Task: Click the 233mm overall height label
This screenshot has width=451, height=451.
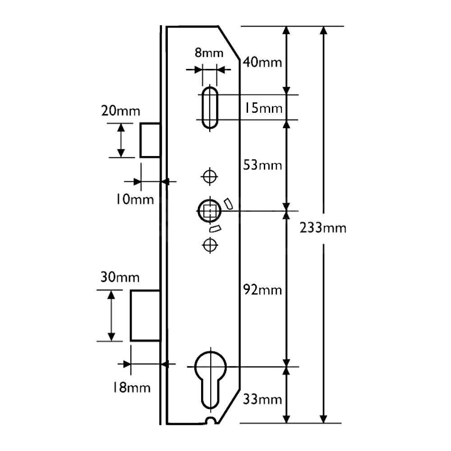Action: coord(323,228)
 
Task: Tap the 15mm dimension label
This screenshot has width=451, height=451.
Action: coord(264,108)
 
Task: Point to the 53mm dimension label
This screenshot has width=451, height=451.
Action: coord(262,165)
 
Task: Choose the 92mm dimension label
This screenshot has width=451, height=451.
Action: coord(262,290)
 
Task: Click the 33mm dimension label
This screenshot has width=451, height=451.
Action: coord(262,400)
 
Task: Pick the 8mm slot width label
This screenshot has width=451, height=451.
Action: coord(208,53)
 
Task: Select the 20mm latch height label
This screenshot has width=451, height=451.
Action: coord(120,111)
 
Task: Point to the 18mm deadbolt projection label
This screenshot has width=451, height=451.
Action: coord(131,387)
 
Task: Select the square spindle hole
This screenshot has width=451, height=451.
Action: coord(209,210)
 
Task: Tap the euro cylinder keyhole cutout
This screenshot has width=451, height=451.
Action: coord(209,379)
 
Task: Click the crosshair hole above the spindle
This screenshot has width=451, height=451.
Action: coord(209,176)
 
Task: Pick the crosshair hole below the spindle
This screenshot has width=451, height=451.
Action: coord(209,245)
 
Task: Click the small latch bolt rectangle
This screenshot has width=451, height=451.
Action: coord(150,140)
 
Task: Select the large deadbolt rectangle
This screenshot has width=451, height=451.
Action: coord(145,315)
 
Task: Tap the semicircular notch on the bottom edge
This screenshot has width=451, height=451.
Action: coord(210,421)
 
